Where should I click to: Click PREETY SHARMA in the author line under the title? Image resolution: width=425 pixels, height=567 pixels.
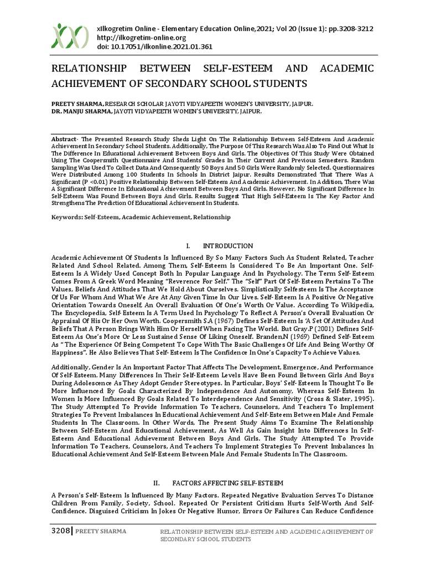point(77,104)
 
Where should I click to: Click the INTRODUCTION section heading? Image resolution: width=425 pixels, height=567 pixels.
point(227,246)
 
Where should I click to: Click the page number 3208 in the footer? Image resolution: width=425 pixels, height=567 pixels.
point(60,532)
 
